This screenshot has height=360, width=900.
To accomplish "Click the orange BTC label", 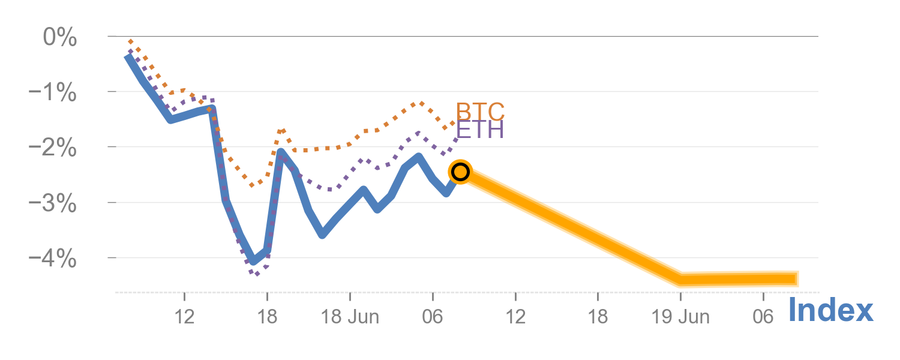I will coord(480,112).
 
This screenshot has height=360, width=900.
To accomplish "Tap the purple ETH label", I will coord(480,130).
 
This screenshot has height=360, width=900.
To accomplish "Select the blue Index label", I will coord(830,311).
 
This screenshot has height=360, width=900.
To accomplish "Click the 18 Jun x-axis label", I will coord(350,317).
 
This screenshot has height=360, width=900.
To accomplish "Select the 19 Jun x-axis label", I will coord(681,317).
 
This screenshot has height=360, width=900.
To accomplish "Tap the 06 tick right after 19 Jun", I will coord(763,317).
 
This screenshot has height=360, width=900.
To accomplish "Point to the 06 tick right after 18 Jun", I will coord(433,317).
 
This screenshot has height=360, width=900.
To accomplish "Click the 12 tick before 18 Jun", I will coord(185,317).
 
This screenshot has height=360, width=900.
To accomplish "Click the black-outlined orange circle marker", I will coord(460,172).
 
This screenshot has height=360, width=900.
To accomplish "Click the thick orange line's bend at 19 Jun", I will coord(681,280).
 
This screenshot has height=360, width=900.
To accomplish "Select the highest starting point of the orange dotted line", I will coord(130,41).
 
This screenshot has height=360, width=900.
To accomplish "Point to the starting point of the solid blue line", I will coord(127,56).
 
